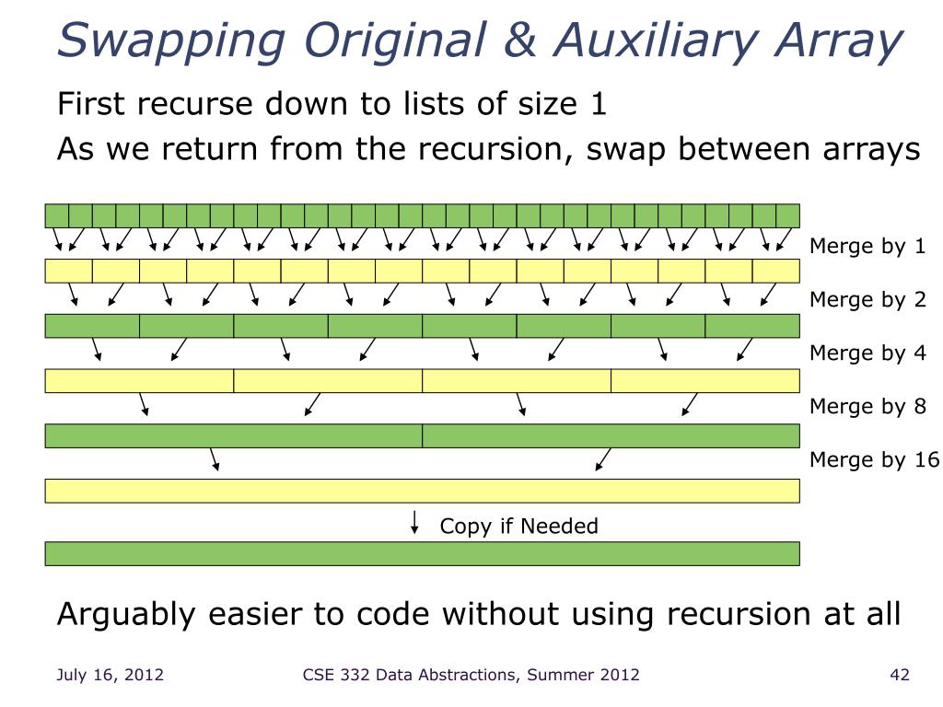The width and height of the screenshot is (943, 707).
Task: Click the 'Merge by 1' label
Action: (x=867, y=247)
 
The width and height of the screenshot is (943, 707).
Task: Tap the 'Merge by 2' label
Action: (x=867, y=300)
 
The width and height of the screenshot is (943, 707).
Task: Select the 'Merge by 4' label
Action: (x=867, y=353)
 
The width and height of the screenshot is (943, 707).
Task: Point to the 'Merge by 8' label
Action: (x=867, y=407)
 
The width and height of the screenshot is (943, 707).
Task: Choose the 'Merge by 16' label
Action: (x=873, y=460)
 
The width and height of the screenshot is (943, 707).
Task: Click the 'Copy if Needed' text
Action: (x=518, y=527)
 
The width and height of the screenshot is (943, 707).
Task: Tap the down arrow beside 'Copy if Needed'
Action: (x=415, y=522)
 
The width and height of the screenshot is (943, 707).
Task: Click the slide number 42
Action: (x=899, y=676)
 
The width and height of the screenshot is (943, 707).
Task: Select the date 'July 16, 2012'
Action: (x=111, y=676)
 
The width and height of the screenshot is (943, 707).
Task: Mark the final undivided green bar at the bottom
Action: (x=422, y=553)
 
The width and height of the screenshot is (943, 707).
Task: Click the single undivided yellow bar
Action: (x=422, y=491)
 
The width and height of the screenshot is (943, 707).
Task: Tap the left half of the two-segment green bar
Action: (x=233, y=435)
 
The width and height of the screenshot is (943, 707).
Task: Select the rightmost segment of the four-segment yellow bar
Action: (x=704, y=380)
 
